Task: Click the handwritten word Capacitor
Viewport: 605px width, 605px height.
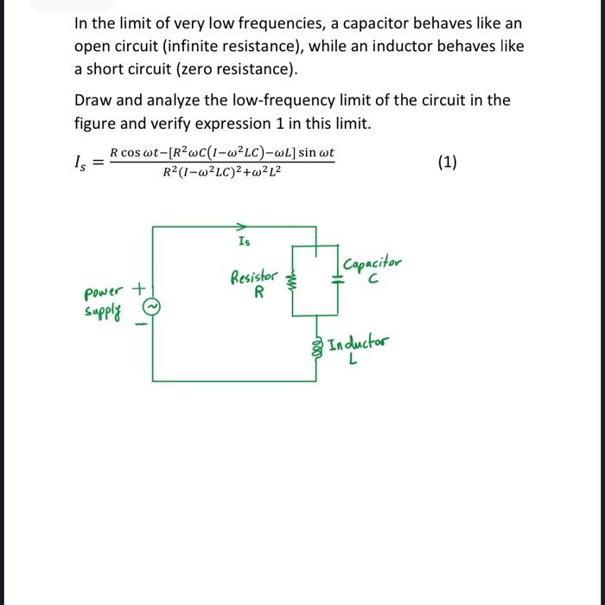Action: [x=372, y=262]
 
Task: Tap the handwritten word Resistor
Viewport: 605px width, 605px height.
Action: [x=253, y=277]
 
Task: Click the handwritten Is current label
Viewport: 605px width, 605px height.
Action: [x=245, y=241]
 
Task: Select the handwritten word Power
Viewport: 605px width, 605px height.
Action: [x=103, y=290]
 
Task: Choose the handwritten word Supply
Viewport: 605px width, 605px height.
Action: [x=102, y=309]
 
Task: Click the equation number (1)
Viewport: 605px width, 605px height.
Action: [x=447, y=162]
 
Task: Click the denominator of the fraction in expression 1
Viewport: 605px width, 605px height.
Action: [x=221, y=172]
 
